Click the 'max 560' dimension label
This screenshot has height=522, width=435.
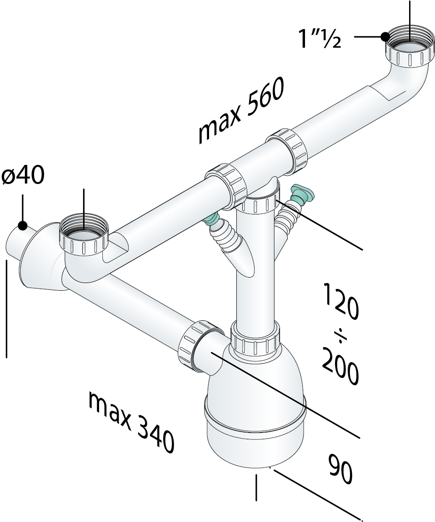[240, 110]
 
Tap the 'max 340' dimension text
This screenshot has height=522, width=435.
[131, 422]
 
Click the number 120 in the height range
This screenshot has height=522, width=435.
[341, 301]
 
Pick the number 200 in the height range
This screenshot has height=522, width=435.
[340, 365]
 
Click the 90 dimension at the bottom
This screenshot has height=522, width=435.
[340, 469]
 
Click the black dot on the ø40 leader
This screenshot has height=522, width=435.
[22, 226]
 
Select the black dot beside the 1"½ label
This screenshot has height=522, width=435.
[385, 36]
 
